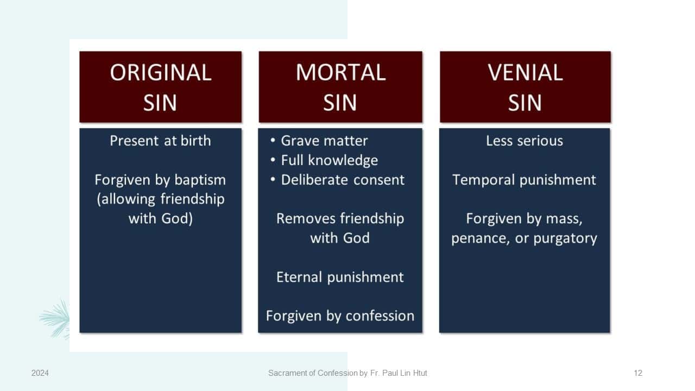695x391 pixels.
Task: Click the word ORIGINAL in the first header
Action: point(160,73)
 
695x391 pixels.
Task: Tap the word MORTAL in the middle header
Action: point(340,73)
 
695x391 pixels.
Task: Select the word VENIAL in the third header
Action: point(525,73)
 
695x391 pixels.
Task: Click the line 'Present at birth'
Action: point(160,141)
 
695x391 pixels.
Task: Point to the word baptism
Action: point(200,180)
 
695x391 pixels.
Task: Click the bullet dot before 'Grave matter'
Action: point(273,140)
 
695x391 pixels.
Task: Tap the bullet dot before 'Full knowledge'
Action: point(273,160)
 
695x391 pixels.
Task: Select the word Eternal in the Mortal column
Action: point(299,277)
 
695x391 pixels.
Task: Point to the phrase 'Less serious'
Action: point(525,141)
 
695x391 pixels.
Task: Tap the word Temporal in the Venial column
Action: point(483,180)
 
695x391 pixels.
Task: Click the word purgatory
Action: point(565,238)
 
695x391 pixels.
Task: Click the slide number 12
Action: point(638,373)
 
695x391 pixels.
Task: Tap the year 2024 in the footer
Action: point(40,373)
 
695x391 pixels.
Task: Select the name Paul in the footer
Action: point(389,373)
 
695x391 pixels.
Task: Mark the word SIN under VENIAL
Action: point(525,103)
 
